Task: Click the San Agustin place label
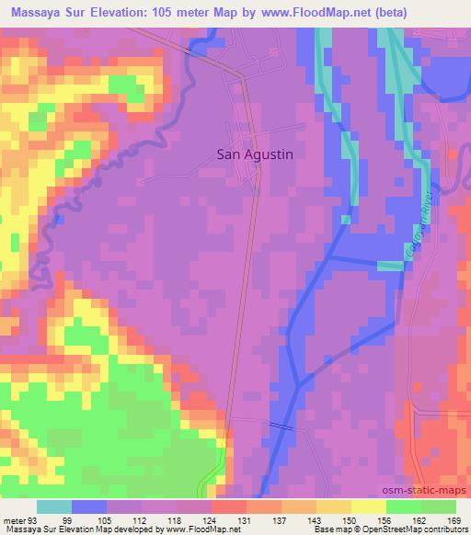[255, 155]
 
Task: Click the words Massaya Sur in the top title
[42, 10]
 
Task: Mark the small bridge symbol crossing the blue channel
[281, 424]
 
